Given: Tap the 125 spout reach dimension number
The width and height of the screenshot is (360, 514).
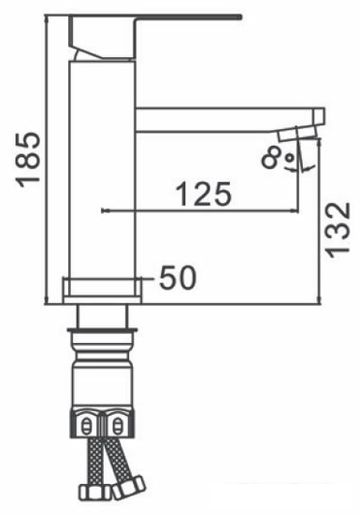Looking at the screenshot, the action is [x=204, y=193].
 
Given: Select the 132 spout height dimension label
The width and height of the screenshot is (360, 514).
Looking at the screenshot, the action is [x=338, y=230].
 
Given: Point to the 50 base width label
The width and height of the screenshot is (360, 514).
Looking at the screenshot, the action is [x=178, y=278].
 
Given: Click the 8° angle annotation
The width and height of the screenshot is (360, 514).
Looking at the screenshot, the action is [x=278, y=157].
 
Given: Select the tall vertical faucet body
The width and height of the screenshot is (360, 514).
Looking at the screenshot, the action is [x=102, y=170].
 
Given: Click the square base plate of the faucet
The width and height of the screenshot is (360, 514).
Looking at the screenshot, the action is [x=102, y=291].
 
